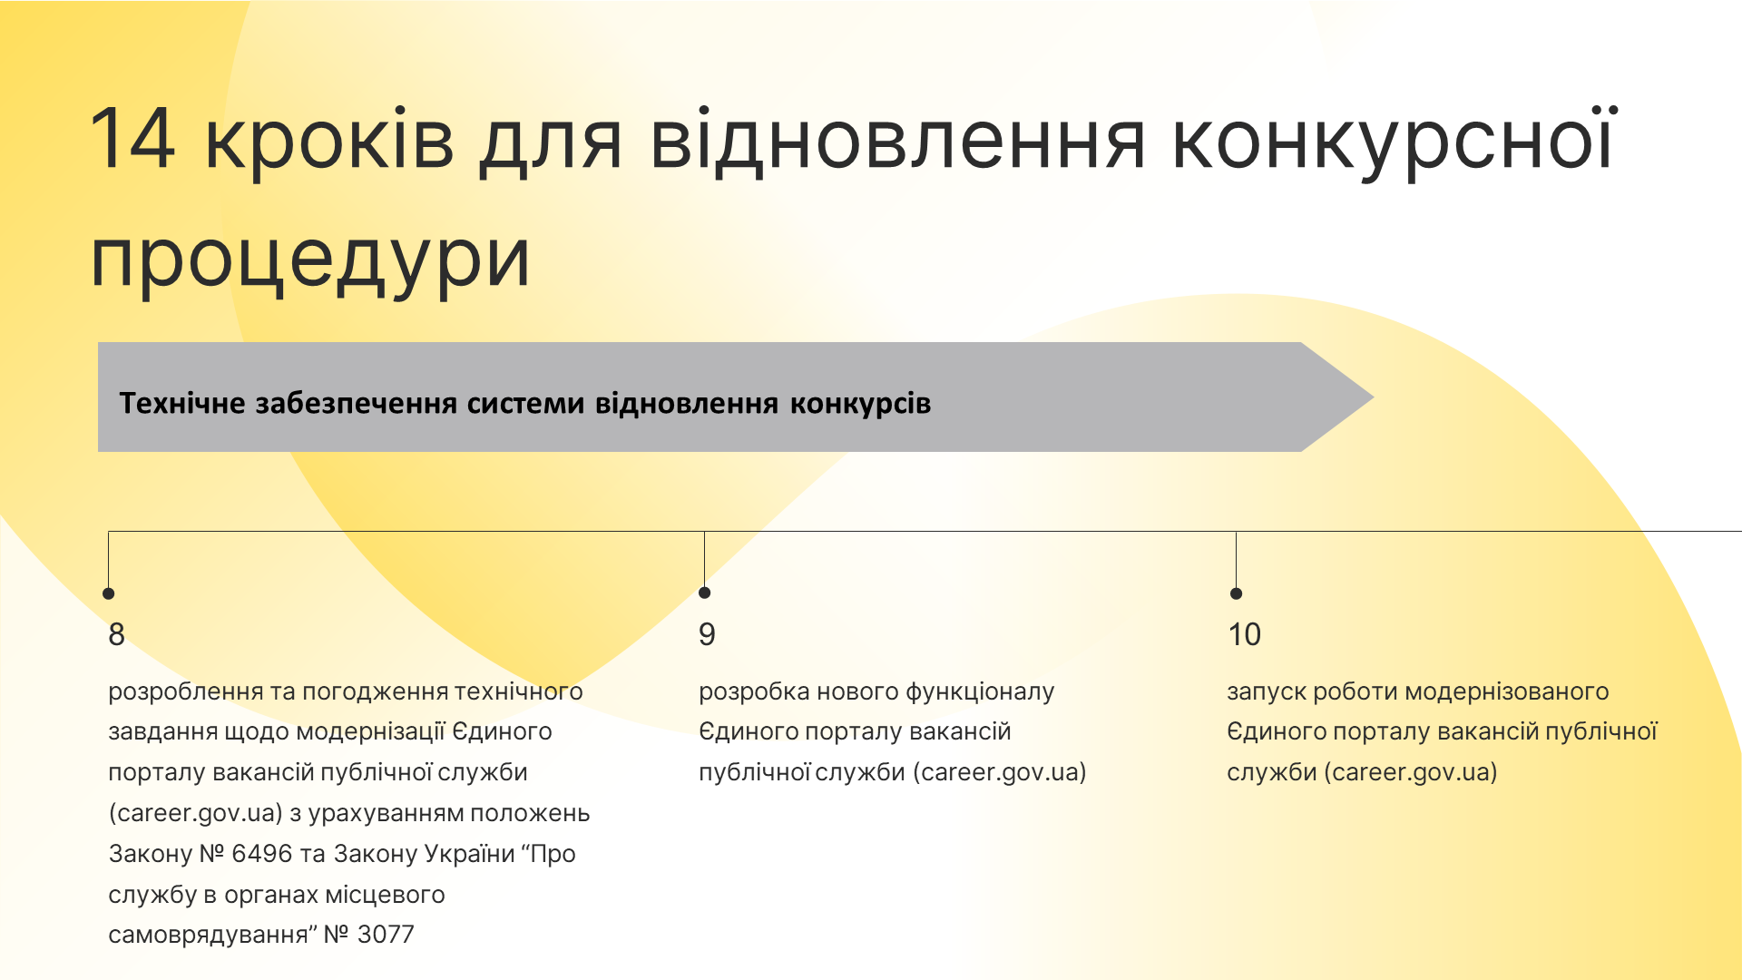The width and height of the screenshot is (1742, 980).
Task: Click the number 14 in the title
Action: (132, 139)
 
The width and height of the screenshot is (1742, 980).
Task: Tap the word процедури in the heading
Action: (310, 258)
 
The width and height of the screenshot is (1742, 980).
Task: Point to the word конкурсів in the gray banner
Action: (860, 404)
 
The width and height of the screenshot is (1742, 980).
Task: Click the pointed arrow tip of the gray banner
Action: (1374, 397)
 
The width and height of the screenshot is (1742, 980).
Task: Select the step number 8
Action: (116, 634)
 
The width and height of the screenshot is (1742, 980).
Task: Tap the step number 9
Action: (707, 634)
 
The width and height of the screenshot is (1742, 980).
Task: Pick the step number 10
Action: (1244, 634)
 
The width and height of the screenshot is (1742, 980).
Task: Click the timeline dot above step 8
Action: (109, 593)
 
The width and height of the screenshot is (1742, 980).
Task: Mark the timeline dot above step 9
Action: (705, 593)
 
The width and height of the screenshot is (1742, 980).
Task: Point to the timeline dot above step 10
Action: (1236, 593)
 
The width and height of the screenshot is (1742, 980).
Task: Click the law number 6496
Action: (262, 854)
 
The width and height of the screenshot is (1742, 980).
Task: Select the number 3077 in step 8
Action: (386, 935)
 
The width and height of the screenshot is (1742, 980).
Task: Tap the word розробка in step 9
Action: (754, 692)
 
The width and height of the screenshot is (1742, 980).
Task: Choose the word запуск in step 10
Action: (1267, 692)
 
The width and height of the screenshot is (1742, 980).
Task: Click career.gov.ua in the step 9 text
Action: (1000, 773)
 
